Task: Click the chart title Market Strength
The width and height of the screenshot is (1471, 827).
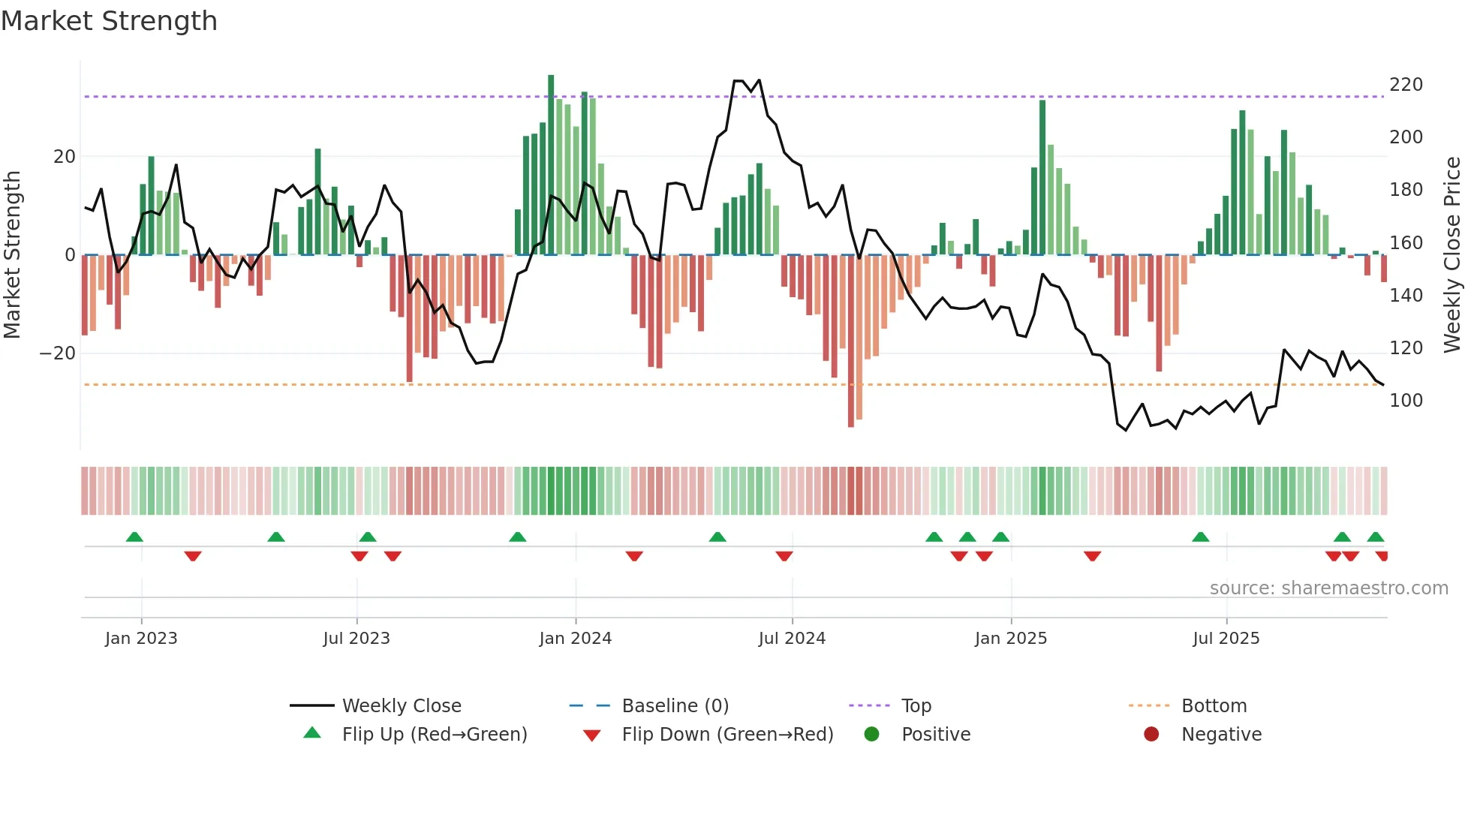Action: pos(109,21)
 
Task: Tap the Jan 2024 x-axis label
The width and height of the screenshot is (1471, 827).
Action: pos(575,639)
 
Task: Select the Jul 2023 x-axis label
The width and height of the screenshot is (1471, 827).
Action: pos(356,639)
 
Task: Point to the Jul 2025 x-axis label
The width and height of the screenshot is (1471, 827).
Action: pos(1226,639)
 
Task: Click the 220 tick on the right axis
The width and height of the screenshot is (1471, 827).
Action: pos(1405,85)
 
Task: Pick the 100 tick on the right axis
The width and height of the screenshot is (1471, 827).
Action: pos(1405,401)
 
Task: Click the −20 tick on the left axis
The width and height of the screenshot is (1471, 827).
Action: pos(58,353)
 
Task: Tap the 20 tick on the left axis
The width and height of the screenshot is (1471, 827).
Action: pos(65,157)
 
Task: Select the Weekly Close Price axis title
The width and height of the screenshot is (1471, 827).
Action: pos(1452,255)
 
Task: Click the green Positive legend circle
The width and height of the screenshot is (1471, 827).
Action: pos(871,735)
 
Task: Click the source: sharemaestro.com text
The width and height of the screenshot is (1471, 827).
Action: pos(1328,588)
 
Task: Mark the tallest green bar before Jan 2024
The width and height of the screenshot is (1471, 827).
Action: pos(551,165)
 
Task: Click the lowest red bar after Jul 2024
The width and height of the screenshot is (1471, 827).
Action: pos(850,341)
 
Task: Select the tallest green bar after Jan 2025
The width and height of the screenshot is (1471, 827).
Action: pos(1042,177)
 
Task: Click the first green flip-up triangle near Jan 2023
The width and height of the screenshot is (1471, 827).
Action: pos(134,537)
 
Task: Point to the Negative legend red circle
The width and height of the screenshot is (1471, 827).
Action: pos(1151,735)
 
